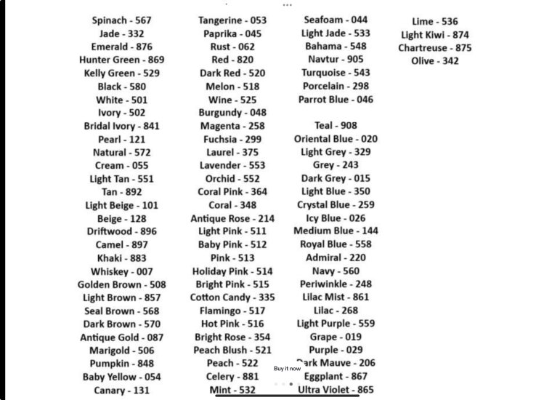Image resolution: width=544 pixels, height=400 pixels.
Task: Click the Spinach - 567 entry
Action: coord(121,20)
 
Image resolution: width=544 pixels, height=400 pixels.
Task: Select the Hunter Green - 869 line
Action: coord(121,60)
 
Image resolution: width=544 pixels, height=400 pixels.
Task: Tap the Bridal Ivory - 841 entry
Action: coord(121,126)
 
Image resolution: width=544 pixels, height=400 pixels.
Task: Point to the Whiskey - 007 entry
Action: coord(121,271)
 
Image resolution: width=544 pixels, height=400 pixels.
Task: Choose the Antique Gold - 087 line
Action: coord(121,337)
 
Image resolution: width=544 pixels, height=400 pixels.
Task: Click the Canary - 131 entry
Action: coord(121,391)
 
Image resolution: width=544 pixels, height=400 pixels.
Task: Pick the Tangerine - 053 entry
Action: coord(232,20)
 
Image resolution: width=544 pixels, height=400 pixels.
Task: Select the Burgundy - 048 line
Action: coord(232,113)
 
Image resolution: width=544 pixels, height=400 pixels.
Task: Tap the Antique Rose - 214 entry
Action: coord(232,218)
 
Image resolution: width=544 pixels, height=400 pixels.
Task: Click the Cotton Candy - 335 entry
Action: coord(232,297)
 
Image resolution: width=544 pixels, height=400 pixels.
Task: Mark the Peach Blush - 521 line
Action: coord(232,351)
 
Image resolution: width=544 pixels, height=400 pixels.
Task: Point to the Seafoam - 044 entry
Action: coord(336,20)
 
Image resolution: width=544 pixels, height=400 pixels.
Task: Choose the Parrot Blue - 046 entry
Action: coord(336,99)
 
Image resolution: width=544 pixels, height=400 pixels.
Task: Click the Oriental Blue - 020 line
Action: coord(336,139)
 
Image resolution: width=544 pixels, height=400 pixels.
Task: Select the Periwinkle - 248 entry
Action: coord(336,284)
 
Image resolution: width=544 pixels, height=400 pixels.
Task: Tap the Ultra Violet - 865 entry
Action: coord(336,390)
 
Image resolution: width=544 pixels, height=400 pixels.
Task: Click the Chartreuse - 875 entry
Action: coord(434,48)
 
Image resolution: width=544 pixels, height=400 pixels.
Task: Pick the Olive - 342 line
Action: coord(434,61)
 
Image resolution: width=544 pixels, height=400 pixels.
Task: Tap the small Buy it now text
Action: coord(287,369)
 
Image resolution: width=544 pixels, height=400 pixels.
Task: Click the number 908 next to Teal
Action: coord(349,126)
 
